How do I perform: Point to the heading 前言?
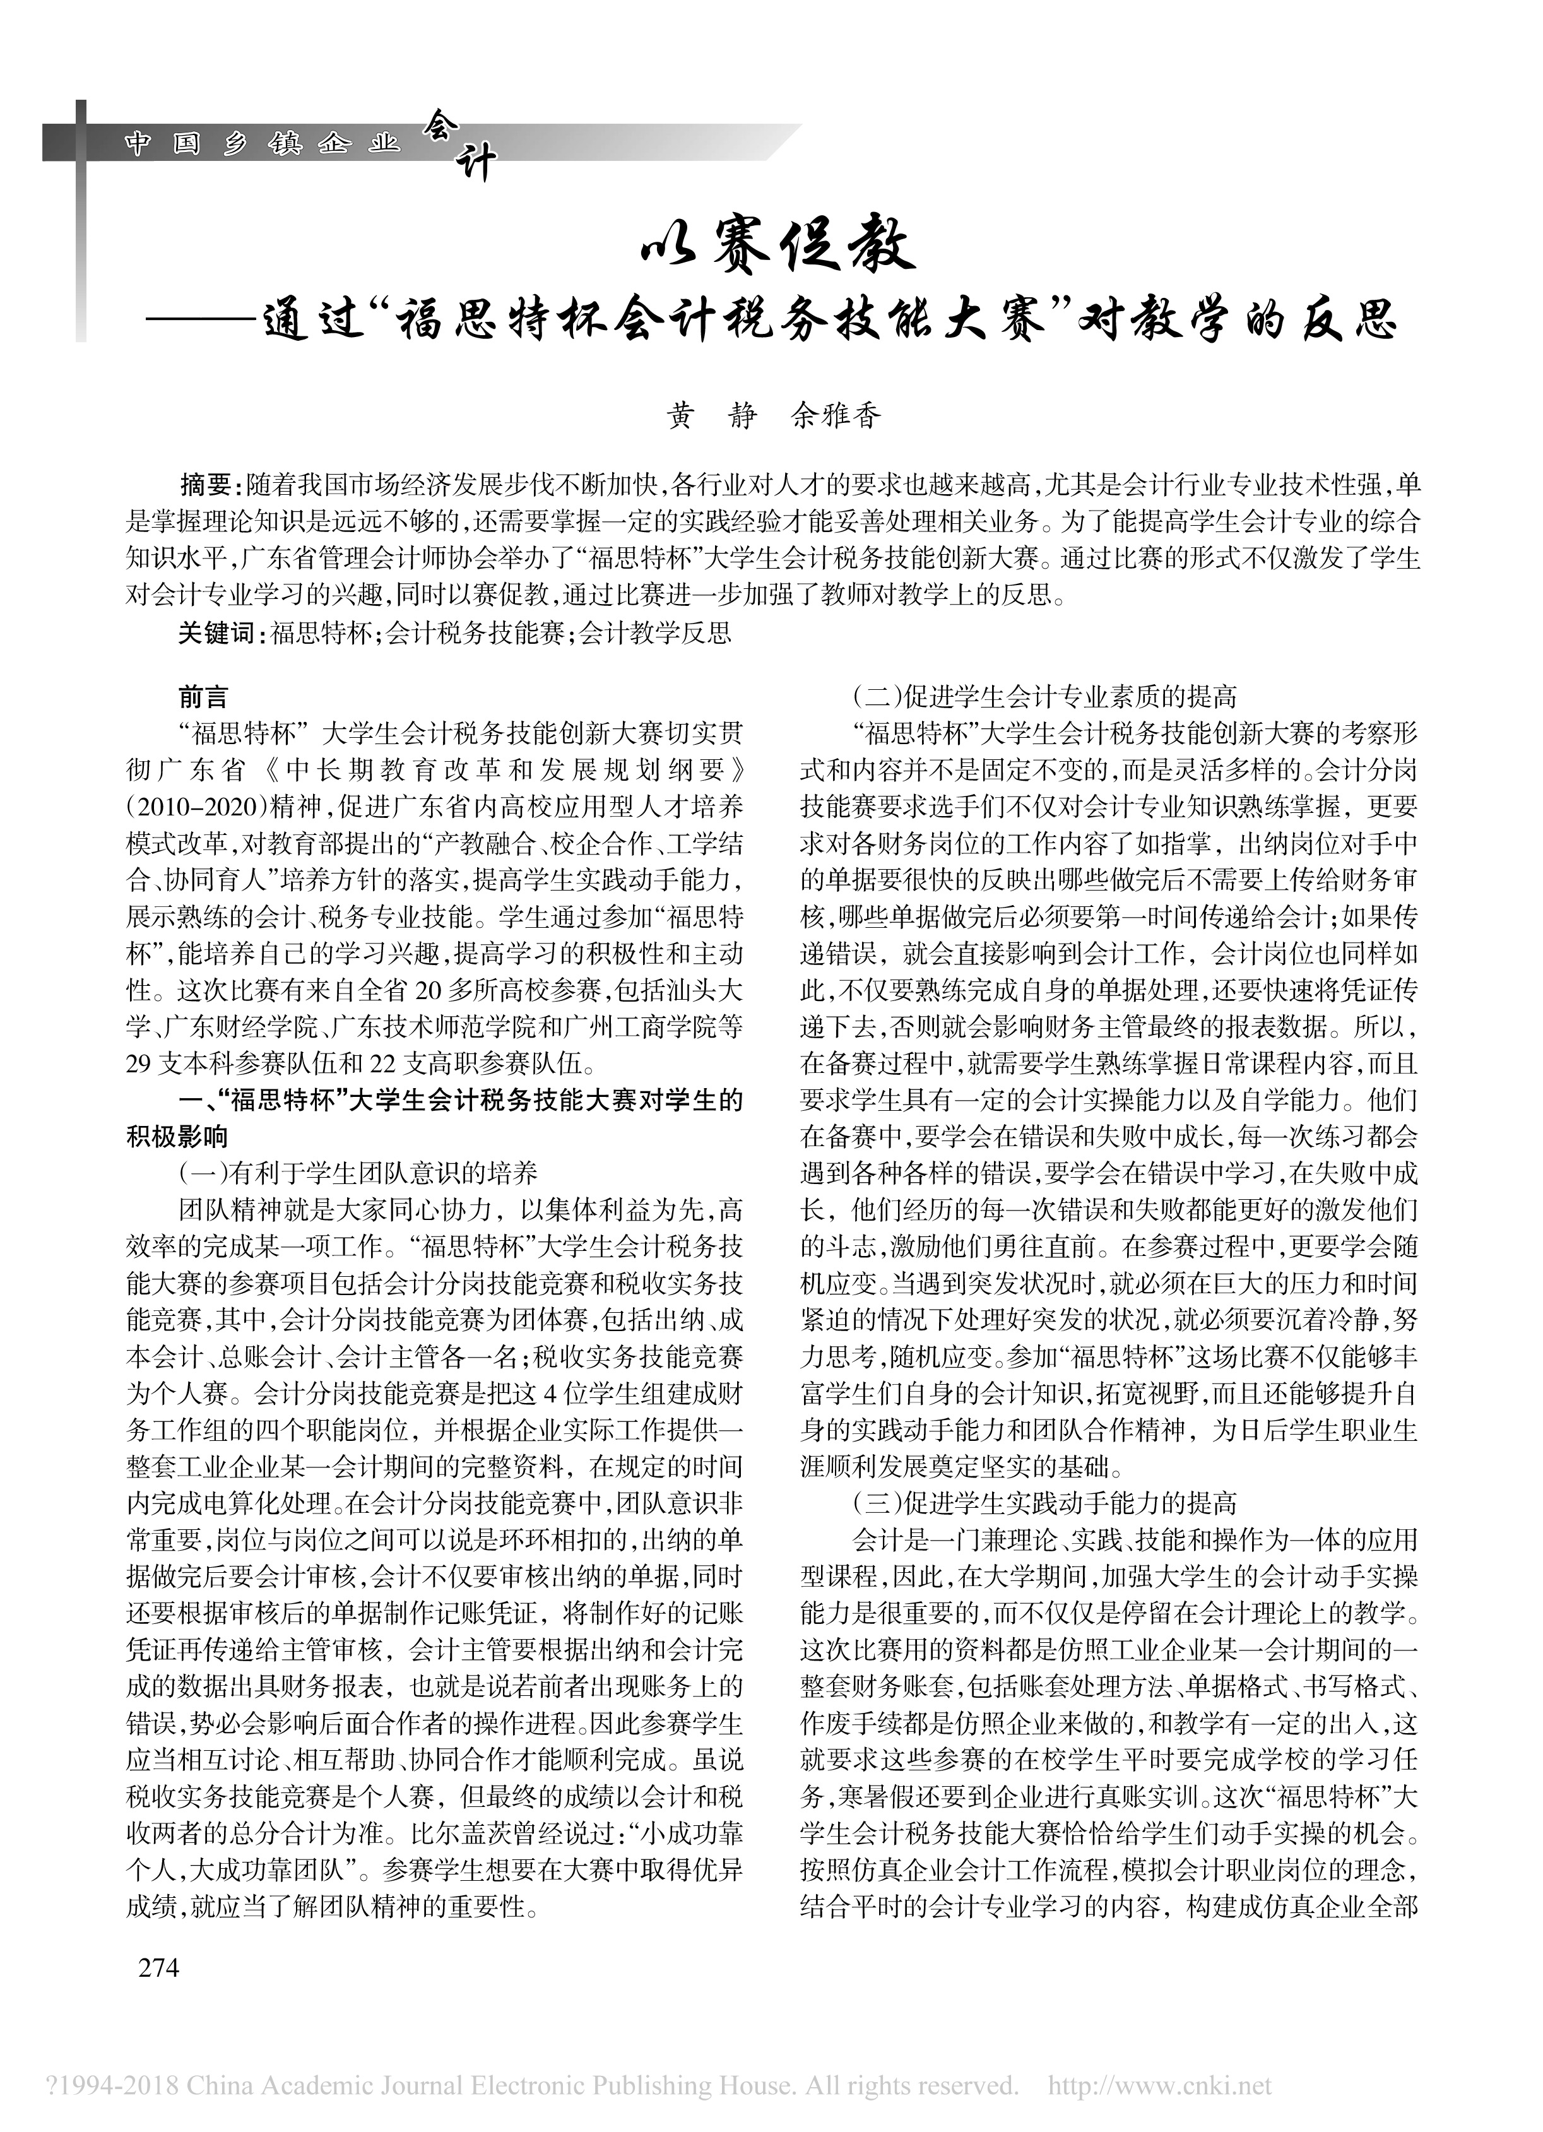tap(204, 697)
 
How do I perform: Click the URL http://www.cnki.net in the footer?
tap(1159, 2086)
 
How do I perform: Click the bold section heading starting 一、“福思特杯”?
tap(434, 1100)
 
